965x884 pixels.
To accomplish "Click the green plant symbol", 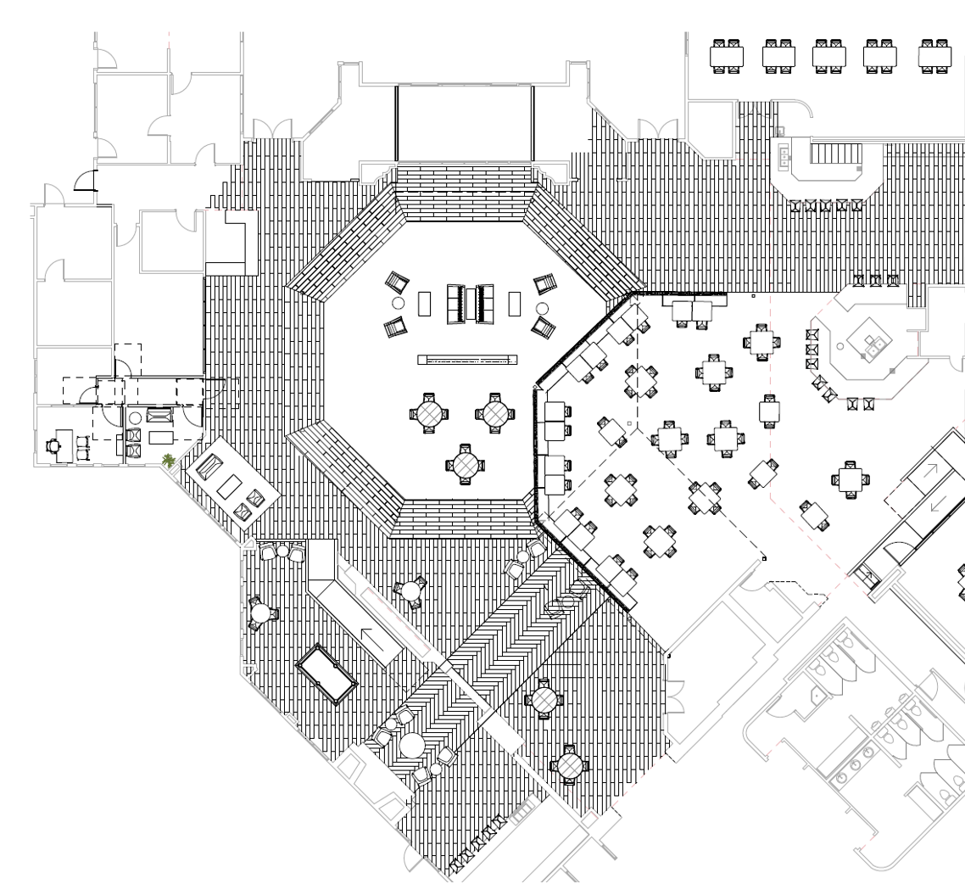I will (170, 461).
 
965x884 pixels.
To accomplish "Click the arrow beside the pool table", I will (381, 643).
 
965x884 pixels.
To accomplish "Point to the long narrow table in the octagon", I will (467, 360).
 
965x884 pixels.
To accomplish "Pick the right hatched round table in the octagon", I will (497, 414).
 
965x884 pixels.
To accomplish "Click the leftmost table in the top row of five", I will (727, 55).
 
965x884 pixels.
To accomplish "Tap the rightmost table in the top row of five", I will (935, 55).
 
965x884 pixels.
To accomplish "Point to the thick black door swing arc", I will (86, 180).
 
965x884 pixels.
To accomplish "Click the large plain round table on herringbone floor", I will (413, 746).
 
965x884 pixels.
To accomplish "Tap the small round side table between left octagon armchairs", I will (398, 303).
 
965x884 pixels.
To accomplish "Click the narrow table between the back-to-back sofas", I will (471, 303).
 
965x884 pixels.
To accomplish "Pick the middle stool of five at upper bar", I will (826, 205).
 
